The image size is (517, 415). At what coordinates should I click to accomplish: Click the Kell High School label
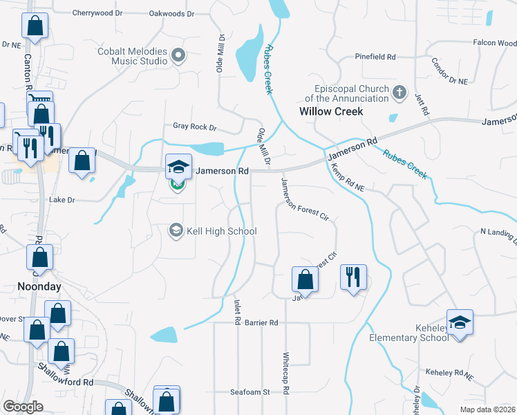(221, 232)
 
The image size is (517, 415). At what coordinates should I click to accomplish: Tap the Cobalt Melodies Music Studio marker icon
(178, 55)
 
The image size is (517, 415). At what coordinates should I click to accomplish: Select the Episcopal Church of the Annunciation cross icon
(399, 92)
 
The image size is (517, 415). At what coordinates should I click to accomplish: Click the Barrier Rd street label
(261, 323)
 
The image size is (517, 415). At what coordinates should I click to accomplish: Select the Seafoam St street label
(250, 392)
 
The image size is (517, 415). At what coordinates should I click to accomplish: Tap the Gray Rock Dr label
(195, 127)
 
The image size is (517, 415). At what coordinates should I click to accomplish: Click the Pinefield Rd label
(375, 57)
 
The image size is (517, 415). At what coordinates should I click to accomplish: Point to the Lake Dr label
(62, 200)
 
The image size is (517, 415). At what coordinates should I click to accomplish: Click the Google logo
(23, 406)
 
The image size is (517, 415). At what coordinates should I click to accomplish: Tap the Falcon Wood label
(494, 43)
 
